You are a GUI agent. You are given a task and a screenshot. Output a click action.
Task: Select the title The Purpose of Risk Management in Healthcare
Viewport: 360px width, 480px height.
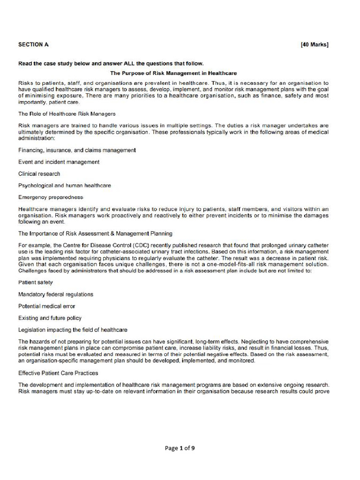(173, 73)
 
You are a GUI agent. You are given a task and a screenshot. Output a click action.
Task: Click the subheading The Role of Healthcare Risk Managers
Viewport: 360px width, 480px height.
(67, 113)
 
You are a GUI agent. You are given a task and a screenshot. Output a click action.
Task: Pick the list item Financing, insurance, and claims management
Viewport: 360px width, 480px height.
(77, 150)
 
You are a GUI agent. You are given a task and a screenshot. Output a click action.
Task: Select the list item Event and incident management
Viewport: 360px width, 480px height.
(59, 162)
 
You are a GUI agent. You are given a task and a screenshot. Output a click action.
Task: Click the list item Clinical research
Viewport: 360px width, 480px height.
(39, 173)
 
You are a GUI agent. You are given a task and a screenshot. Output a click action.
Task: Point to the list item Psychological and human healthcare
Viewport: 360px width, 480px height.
(65, 185)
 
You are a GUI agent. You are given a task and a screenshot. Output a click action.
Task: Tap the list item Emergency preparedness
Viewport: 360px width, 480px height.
(51, 197)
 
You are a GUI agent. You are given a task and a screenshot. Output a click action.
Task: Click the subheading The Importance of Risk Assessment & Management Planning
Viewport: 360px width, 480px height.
(95, 233)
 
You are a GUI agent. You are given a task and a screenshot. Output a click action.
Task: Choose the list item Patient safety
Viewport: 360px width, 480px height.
(36, 282)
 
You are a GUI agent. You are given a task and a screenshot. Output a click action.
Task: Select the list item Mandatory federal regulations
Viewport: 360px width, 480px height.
(56, 294)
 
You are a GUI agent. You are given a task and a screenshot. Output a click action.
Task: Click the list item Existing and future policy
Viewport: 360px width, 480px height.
(50, 318)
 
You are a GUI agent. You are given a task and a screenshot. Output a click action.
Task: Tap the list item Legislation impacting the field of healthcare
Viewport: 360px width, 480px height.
(73, 330)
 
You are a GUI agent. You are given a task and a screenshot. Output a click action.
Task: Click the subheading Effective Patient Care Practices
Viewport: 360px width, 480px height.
(58, 373)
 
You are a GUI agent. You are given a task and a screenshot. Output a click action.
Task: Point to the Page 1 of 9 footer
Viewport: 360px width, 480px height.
(180, 448)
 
